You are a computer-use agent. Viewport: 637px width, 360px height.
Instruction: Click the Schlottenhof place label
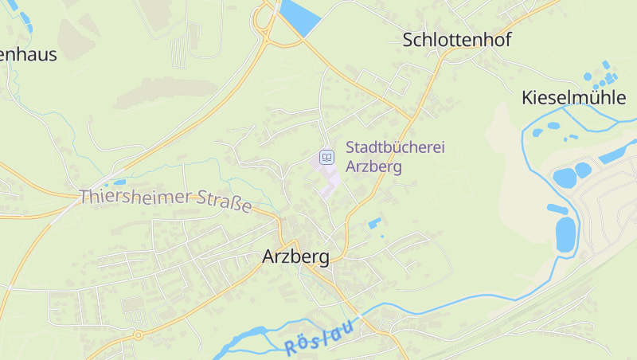[456, 40]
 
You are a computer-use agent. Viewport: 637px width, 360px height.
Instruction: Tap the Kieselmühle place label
[573, 98]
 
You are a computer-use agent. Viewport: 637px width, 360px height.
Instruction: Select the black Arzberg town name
[295, 257]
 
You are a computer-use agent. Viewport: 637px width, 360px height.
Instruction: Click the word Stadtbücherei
[395, 148]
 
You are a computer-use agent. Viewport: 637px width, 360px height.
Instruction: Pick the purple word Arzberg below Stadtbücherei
[373, 167]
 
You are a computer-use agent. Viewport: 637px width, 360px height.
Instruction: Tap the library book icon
[326, 157]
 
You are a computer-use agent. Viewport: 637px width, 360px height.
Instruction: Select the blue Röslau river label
[318, 341]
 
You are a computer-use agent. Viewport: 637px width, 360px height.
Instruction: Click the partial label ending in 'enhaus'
[29, 54]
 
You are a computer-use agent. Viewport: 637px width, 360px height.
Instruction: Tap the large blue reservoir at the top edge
[299, 16]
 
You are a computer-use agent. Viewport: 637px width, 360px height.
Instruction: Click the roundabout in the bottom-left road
[138, 335]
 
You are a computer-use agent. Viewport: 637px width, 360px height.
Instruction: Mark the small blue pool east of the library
[374, 223]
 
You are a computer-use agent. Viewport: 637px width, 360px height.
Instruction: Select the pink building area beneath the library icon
[329, 179]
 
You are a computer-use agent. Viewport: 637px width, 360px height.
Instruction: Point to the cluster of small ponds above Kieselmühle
[603, 76]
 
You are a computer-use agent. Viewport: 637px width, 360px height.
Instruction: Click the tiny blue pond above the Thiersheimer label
[119, 182]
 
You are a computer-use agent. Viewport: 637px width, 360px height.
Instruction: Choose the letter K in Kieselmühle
[528, 98]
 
